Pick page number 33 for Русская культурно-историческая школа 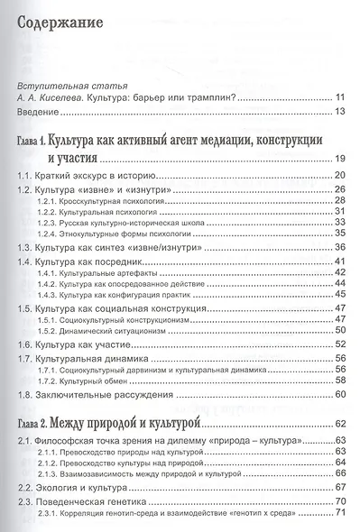340,223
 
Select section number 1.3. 27,248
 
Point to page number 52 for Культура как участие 340,344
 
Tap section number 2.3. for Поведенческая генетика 27,505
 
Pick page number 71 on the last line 340,517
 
